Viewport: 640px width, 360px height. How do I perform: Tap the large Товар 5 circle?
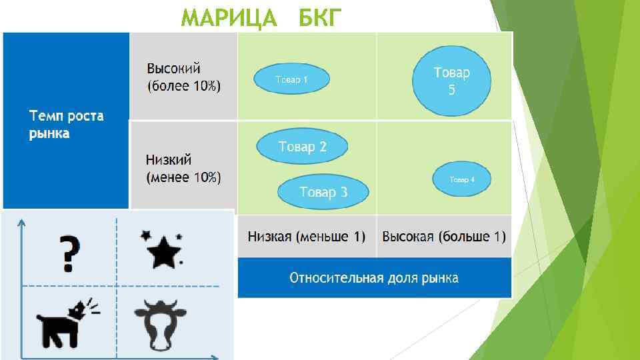pyautogui.click(x=451, y=80)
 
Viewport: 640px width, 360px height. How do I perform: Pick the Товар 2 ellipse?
pyautogui.click(x=302, y=147)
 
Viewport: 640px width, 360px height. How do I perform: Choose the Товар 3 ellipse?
pyautogui.click(x=323, y=192)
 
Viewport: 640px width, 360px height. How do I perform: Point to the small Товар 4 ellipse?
pyautogui.click(x=462, y=179)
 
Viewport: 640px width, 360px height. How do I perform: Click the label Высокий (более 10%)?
pyautogui.click(x=183, y=77)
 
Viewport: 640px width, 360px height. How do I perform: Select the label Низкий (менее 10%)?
pyautogui.click(x=183, y=169)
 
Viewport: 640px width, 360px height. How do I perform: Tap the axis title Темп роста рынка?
pyautogui.click(x=66, y=125)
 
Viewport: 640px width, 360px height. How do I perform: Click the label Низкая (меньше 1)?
pyautogui.click(x=307, y=237)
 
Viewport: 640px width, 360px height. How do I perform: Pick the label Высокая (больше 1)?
pyautogui.click(x=444, y=237)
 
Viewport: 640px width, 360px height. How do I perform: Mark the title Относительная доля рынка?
pyautogui.click(x=374, y=277)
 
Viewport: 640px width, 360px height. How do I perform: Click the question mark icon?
pyautogui.click(x=67, y=253)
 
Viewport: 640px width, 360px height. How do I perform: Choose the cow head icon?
pyautogui.click(x=159, y=324)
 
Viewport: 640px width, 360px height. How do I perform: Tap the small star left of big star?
pyautogui.click(x=145, y=235)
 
